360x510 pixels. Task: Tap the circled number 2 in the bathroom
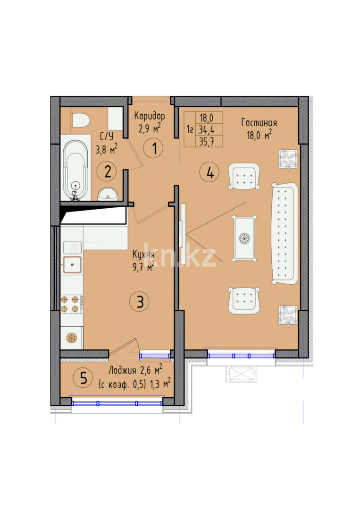(x=108, y=171)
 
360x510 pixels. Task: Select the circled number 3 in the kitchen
(x=140, y=301)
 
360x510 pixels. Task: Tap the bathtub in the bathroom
(x=75, y=168)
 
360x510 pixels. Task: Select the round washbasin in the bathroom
(x=109, y=194)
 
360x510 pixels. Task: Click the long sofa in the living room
(x=285, y=234)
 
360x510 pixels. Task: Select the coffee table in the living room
(x=245, y=238)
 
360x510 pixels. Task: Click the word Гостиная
(x=259, y=123)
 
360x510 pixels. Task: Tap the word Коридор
(x=149, y=116)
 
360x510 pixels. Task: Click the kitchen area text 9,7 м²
(x=143, y=267)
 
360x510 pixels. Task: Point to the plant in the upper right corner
(x=287, y=158)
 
